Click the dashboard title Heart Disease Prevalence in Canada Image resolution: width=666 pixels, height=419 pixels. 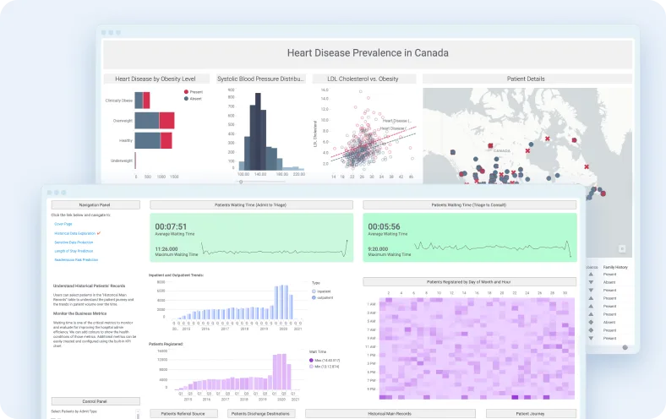click(368, 53)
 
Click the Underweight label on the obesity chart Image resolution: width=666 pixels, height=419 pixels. click(119, 160)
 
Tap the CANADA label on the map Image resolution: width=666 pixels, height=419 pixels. click(502, 151)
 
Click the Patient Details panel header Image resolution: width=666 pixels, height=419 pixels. click(525, 79)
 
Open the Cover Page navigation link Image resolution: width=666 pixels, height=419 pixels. click(63, 224)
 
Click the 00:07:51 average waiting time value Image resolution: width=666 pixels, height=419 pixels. click(171, 226)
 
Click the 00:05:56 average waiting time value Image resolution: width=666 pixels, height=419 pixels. click(384, 226)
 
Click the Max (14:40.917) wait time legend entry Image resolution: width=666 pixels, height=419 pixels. click(329, 361)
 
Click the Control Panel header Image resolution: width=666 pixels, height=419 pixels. click(95, 401)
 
